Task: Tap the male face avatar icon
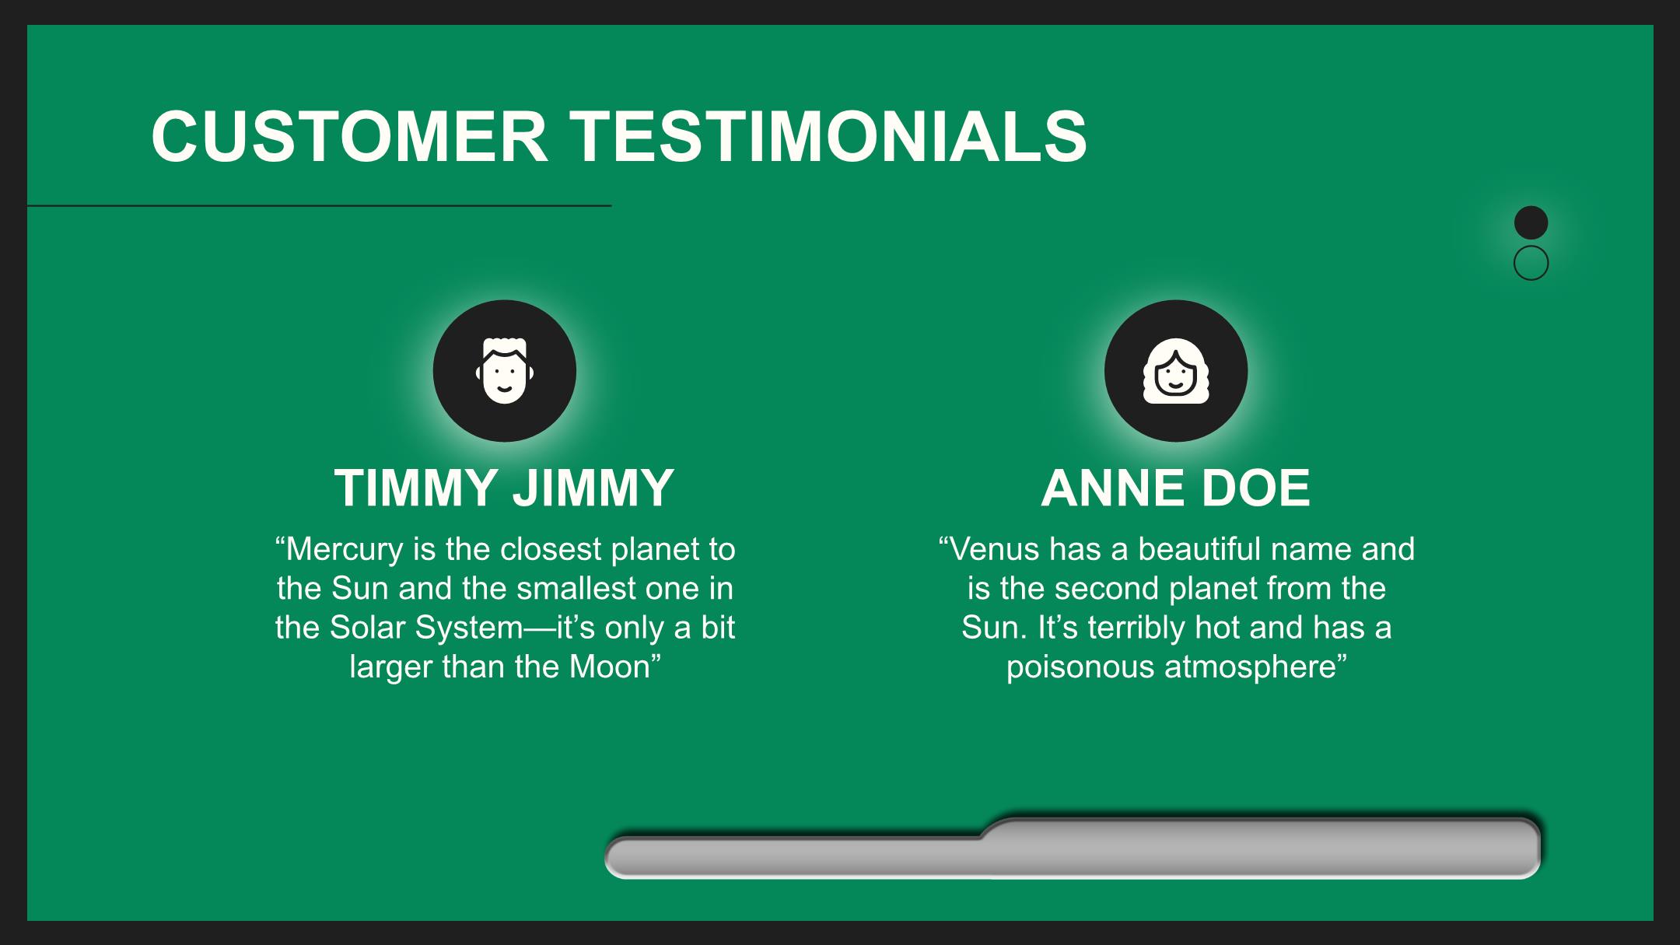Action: coord(505,371)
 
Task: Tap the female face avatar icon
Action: coord(1176,371)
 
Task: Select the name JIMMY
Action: coord(593,488)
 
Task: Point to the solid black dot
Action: coord(1531,222)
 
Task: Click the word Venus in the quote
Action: coord(995,550)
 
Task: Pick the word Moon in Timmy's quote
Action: coord(609,667)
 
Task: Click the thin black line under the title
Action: coord(319,206)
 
